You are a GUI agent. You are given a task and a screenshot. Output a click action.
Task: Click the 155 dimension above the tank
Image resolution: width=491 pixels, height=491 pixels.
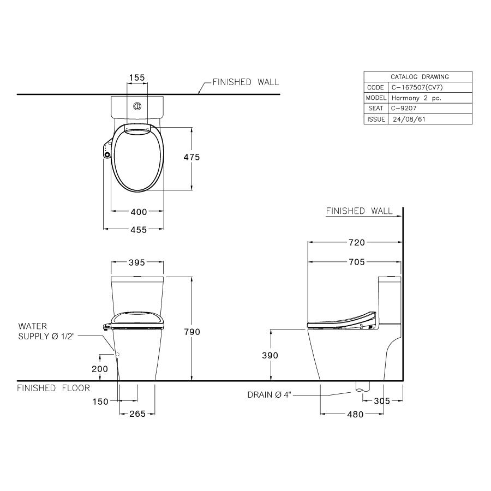pyautogui.click(x=137, y=78)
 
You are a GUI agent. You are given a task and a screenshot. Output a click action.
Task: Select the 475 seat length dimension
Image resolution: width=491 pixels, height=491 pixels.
pyautogui.click(x=191, y=157)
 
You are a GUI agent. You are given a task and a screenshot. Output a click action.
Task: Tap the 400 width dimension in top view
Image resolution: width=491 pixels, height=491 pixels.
pyautogui.click(x=139, y=213)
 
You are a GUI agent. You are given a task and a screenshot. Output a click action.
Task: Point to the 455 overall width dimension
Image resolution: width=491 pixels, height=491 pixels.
pyautogui.click(x=139, y=230)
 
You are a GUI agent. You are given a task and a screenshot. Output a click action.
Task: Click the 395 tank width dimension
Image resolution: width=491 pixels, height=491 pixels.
pyautogui.click(x=136, y=263)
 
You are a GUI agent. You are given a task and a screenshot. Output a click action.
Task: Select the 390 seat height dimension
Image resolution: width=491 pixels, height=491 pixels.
pyautogui.click(x=270, y=355)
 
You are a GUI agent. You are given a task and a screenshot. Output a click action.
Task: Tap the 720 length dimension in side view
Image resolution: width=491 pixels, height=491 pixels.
pyautogui.click(x=357, y=243)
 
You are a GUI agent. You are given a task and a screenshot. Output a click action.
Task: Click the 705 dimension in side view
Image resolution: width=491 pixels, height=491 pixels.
pyautogui.click(x=356, y=262)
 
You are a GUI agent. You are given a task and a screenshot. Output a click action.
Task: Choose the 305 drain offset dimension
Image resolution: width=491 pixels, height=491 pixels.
pyautogui.click(x=382, y=401)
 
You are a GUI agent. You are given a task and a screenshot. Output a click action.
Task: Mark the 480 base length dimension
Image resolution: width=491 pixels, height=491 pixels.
pyautogui.click(x=355, y=415)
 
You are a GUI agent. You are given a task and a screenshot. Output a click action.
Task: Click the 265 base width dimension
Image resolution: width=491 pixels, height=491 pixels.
pyautogui.click(x=137, y=414)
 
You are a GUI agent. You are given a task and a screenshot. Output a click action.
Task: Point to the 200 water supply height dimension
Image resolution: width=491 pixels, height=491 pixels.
pyautogui.click(x=100, y=369)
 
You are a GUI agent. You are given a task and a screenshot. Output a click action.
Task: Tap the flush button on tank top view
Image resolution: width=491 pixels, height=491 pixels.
pyautogui.click(x=138, y=105)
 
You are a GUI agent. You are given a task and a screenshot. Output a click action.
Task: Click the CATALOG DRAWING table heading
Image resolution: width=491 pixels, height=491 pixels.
pyautogui.click(x=419, y=77)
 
